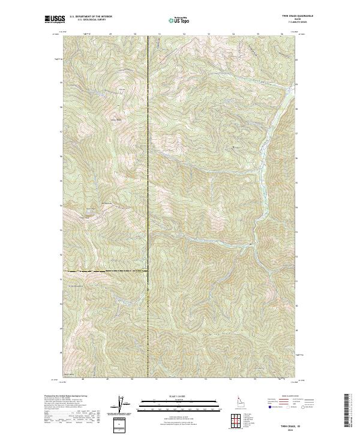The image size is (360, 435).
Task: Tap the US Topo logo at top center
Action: (x=178, y=20)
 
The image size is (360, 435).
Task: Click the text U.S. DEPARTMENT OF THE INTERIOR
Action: (x=91, y=17)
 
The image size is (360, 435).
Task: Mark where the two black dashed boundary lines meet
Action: (x=148, y=272)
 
